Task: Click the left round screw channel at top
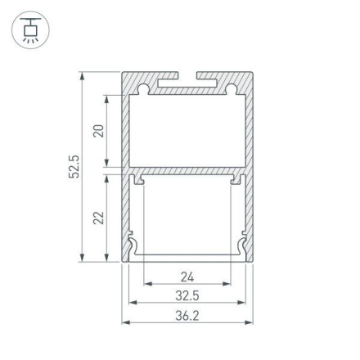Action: click(x=143, y=85)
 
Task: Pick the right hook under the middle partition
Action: click(x=236, y=178)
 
